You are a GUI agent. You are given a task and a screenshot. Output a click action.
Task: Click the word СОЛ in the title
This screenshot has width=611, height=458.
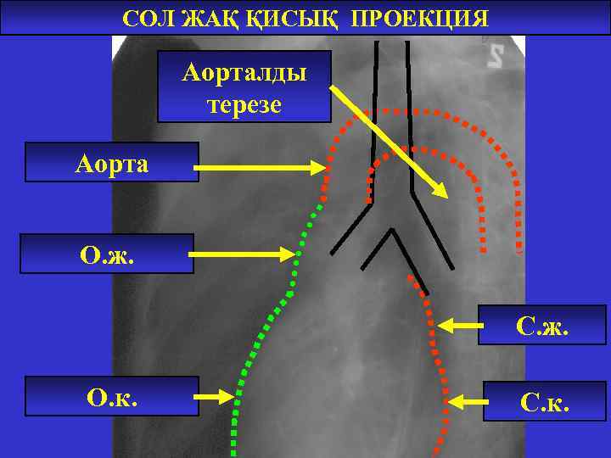(149, 19)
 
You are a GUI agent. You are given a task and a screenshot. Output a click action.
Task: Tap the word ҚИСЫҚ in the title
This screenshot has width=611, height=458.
(292, 19)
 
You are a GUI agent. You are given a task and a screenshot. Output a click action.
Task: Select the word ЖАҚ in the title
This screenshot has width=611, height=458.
(213, 19)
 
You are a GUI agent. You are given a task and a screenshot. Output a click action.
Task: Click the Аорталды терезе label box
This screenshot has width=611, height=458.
(244, 87)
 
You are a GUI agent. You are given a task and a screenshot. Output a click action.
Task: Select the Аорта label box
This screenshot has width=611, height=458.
(111, 163)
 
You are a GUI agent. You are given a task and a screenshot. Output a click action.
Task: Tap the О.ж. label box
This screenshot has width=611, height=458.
(106, 254)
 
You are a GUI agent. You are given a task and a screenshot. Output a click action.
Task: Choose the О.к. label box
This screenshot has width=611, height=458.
(111, 396)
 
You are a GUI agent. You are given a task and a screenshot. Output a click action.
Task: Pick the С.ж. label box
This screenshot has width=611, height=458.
(542, 325)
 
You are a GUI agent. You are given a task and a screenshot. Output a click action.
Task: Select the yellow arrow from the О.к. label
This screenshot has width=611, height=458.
(216, 396)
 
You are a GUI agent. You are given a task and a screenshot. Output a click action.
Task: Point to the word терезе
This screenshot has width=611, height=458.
(244, 106)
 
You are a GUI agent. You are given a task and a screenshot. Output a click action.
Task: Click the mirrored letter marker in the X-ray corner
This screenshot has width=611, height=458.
(496, 56)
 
